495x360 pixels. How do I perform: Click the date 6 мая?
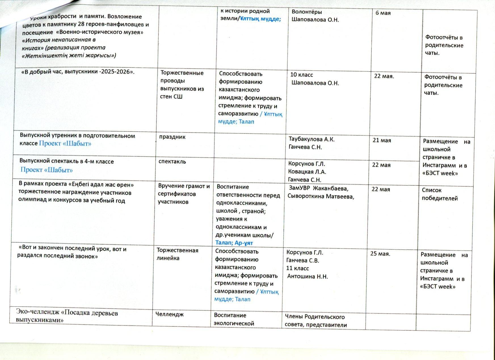click(383, 13)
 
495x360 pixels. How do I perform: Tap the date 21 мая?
click(382, 140)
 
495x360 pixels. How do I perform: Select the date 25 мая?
click(380, 254)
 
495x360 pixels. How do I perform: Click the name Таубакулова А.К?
click(311, 139)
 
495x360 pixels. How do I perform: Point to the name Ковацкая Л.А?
click(307, 172)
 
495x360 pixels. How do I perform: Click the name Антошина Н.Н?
click(307, 277)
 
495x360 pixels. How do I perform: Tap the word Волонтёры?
click(307, 12)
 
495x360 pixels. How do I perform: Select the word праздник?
click(172, 137)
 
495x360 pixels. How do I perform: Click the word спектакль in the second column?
click(172, 162)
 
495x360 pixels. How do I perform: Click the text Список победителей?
click(439, 194)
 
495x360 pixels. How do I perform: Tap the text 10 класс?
click(302, 75)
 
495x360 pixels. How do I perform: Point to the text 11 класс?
click(298, 268)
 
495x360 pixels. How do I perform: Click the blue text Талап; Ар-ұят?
click(234, 243)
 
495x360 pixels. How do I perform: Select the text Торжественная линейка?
click(177, 254)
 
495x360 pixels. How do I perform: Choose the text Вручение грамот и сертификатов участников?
click(184, 194)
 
